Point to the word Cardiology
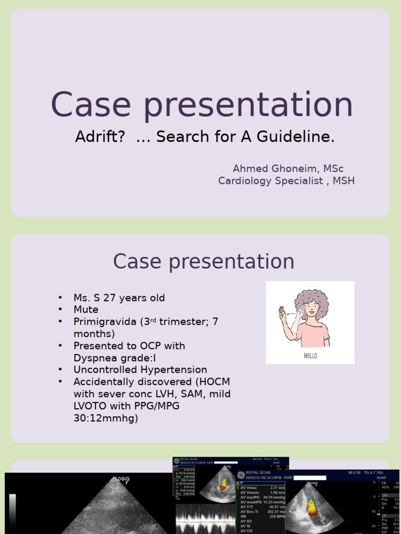click(x=245, y=180)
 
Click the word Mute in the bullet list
click(x=86, y=309)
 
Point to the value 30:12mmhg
click(x=105, y=418)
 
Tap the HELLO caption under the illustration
click(x=310, y=356)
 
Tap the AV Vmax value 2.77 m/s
click(x=273, y=488)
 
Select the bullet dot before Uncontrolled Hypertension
click(x=61, y=370)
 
